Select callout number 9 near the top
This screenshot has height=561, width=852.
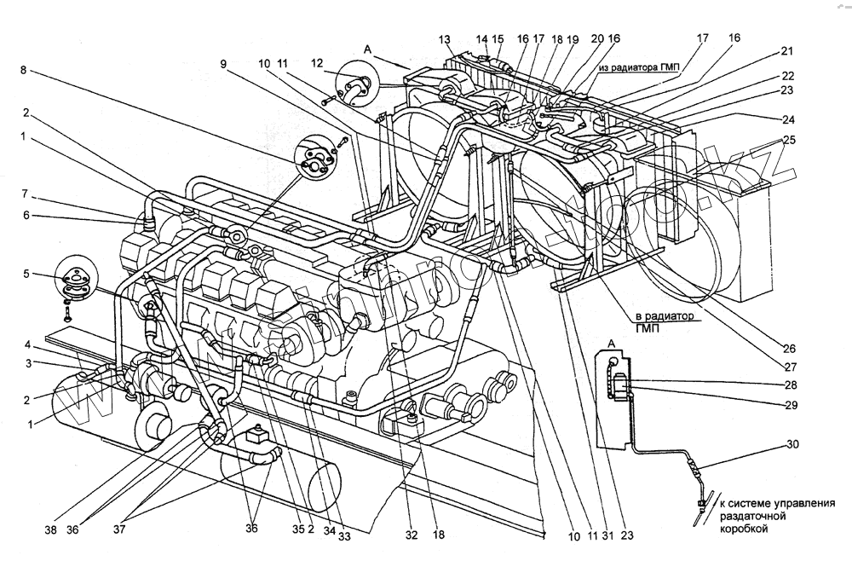223,63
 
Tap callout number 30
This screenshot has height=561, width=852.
792,443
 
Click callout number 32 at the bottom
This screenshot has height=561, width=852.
413,536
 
